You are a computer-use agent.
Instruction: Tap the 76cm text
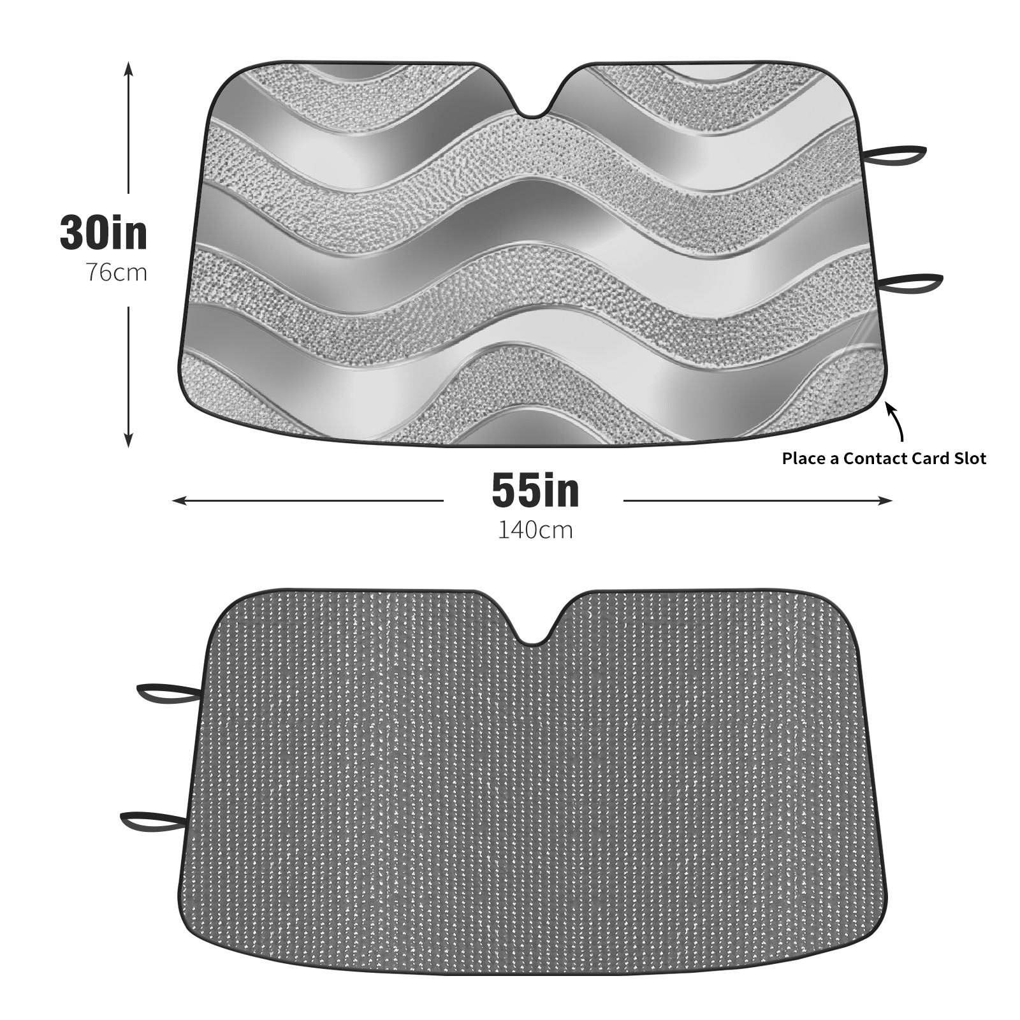point(117,272)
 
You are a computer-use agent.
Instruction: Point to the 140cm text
point(535,530)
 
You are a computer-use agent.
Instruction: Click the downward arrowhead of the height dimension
point(128,440)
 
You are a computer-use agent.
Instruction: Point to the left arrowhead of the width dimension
point(178,501)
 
